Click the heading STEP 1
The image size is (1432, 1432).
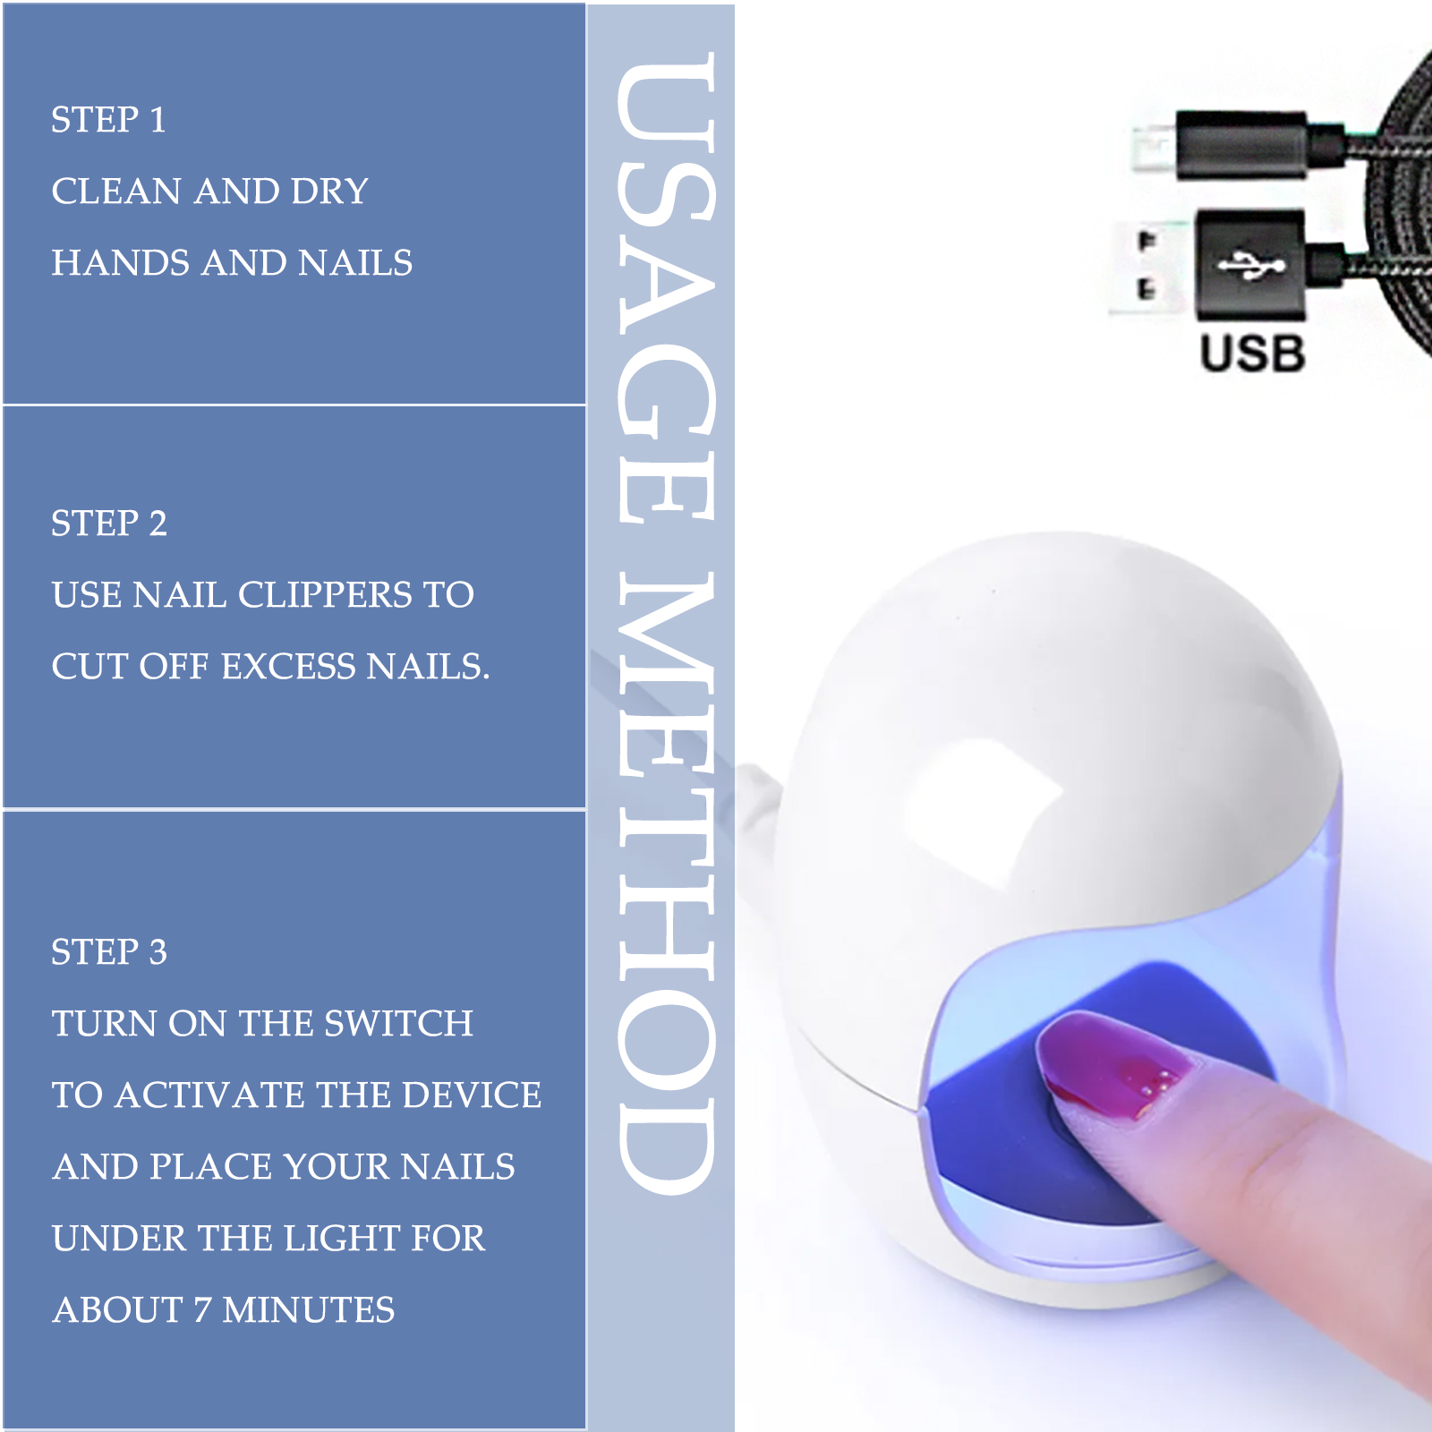point(108,120)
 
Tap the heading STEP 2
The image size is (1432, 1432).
point(109,524)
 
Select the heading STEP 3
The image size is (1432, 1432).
point(109,952)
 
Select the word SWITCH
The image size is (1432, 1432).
point(398,1024)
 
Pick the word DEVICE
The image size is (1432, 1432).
point(473,1095)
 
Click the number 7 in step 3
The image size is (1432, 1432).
point(202,1310)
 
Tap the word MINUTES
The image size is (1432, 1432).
point(309,1310)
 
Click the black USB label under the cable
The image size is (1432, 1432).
point(1253,354)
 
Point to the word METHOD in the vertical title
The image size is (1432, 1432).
point(666,882)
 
